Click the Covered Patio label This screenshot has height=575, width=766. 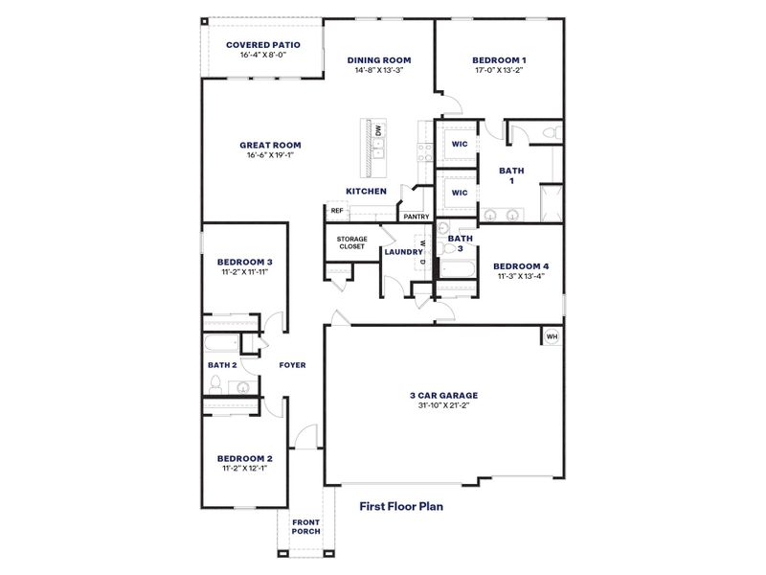coord(263,44)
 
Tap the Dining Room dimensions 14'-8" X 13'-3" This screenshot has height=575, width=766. coord(380,70)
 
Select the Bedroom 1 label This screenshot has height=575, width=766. coord(499,59)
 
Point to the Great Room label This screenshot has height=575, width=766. coord(271,146)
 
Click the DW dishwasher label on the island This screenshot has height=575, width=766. coord(378,129)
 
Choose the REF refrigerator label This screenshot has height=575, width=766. coord(337,211)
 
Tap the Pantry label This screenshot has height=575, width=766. coord(417,217)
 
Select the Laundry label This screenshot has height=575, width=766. coord(403,252)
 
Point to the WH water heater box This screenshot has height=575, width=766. coord(552,336)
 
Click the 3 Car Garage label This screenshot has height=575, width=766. coord(443,394)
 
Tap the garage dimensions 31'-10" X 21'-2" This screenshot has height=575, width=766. coord(443,405)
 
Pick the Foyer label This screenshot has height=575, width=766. coord(292,364)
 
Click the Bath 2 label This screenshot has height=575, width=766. coord(222,364)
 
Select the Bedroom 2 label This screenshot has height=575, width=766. coord(244,458)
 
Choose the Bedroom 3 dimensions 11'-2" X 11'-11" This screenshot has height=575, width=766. coord(244,272)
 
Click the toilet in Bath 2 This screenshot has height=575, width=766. coord(216,385)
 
